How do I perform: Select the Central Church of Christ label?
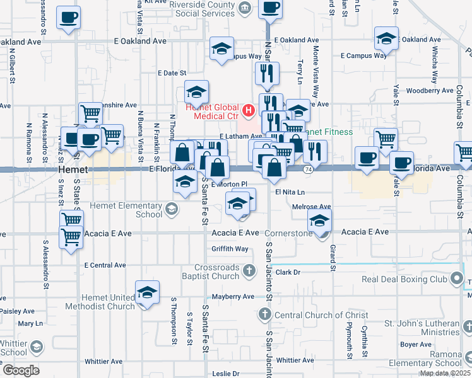(312, 315)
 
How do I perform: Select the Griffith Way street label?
(230, 249)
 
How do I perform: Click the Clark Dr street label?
(287, 272)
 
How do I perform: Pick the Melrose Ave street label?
(312, 207)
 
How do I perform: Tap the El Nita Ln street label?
(290, 192)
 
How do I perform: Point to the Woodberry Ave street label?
(427, 91)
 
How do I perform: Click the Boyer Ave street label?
(416, 345)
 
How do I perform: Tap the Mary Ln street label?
(30, 323)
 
